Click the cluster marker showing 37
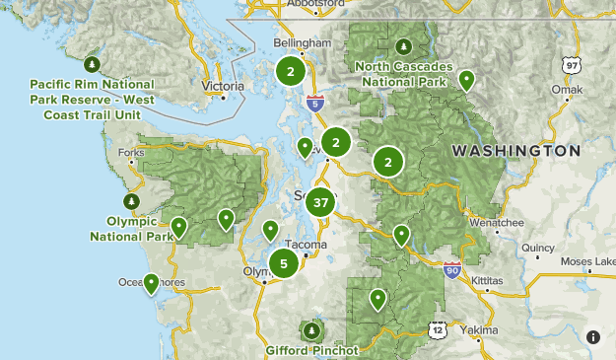pyautogui.click(x=319, y=203)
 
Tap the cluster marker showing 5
pyautogui.click(x=284, y=263)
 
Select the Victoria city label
pyautogui.click(x=222, y=86)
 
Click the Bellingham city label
pyautogui.click(x=303, y=44)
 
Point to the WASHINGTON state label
pyautogui.click(x=515, y=151)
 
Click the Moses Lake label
pyautogui.click(x=587, y=261)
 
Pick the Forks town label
pyautogui.click(x=130, y=152)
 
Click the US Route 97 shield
pyautogui.click(x=572, y=65)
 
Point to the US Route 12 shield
pyautogui.click(x=437, y=328)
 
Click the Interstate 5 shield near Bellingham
pyautogui.click(x=314, y=102)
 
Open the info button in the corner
pyautogui.click(x=593, y=336)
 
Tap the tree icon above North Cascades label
pyautogui.click(x=402, y=46)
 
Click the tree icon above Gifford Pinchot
pyautogui.click(x=312, y=329)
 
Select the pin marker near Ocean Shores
pyautogui.click(x=151, y=284)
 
